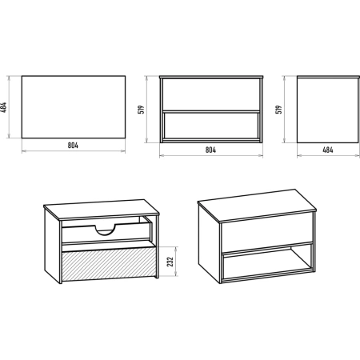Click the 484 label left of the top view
[4, 107]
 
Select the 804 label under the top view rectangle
[73, 146]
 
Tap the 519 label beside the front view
[142, 110]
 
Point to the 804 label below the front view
[210, 150]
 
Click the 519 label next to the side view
[278, 110]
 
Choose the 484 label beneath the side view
[328, 150]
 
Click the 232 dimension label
[170, 262]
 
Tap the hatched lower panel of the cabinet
[109, 264]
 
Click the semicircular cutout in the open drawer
[106, 230]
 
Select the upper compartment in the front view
[211, 94]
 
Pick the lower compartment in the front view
[211, 126]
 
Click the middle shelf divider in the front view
[211, 111]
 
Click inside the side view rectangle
[328, 110]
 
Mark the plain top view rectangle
[74, 107]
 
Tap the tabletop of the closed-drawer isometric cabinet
[257, 206]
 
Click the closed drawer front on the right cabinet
[266, 234]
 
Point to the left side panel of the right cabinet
[209, 243]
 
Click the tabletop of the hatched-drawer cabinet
[102, 210]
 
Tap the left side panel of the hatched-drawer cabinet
[52, 246]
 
